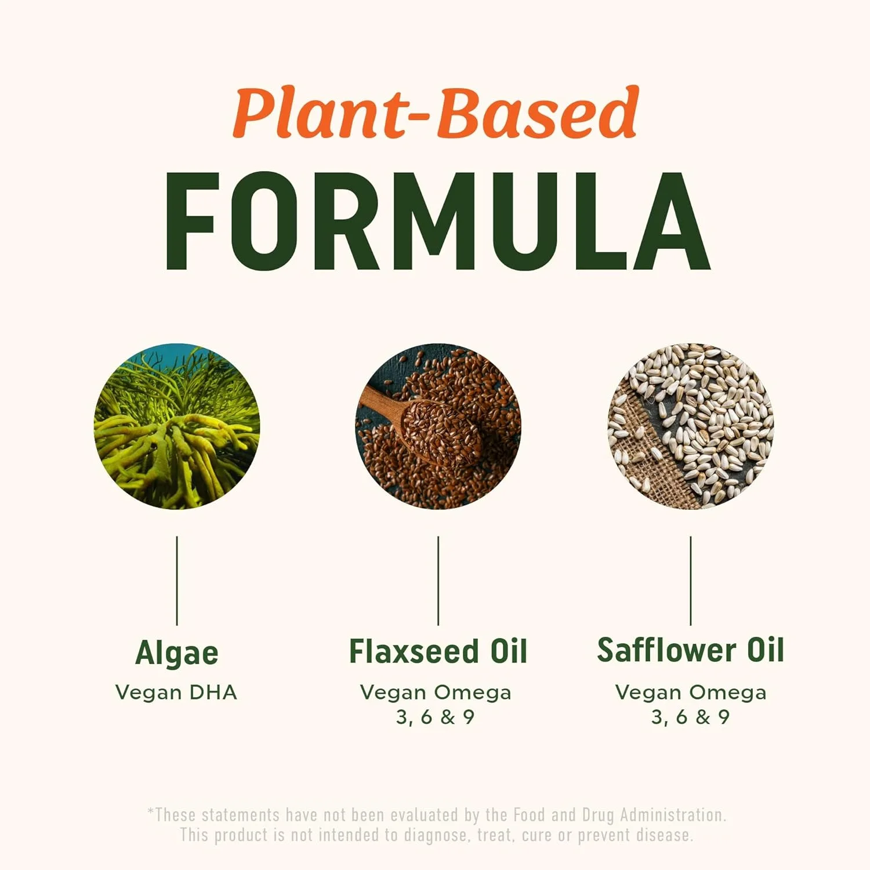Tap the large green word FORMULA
point(437,222)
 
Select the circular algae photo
point(177,426)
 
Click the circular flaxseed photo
point(438,426)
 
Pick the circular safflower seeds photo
point(690,426)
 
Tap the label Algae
point(177,652)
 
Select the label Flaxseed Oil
point(438,651)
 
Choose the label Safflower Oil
point(690,650)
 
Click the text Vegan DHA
point(176,692)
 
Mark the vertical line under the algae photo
point(177,580)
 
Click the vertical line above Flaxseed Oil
point(438,580)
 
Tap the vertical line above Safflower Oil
point(690,580)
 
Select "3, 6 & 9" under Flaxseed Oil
point(435,717)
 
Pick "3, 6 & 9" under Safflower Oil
point(690,717)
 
